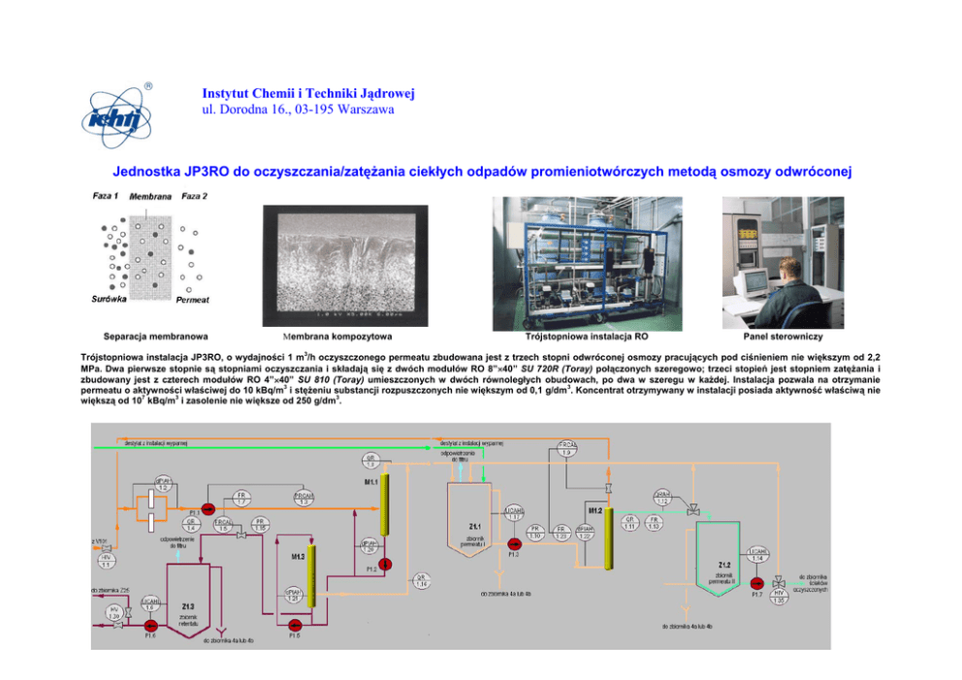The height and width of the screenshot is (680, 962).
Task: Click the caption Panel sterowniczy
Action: [x=782, y=337]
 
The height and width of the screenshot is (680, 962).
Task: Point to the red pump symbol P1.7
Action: [x=756, y=582]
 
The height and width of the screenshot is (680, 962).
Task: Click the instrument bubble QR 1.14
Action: [x=421, y=580]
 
